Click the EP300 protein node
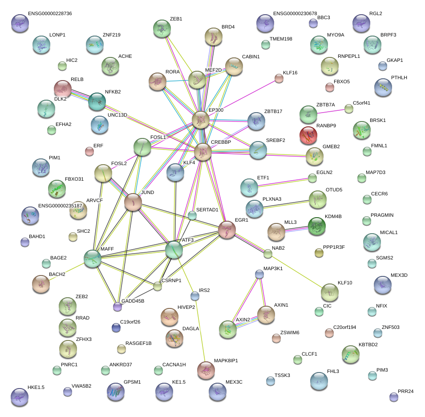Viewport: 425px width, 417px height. [201, 120]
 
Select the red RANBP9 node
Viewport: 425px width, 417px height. [308, 135]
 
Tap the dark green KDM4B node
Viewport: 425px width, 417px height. [317, 226]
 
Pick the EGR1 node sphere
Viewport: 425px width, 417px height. [227, 230]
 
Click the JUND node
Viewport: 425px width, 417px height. [133, 202]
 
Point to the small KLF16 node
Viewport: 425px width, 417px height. [279, 79]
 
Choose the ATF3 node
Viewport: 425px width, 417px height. [174, 250]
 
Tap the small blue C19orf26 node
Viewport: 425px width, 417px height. [116, 328]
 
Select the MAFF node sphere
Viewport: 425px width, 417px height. [93, 259]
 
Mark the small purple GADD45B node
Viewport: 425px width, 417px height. [117, 306]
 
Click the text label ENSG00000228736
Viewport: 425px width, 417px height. [49, 14]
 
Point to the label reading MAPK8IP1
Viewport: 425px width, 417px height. [226, 360]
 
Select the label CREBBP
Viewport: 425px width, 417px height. [221, 142]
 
